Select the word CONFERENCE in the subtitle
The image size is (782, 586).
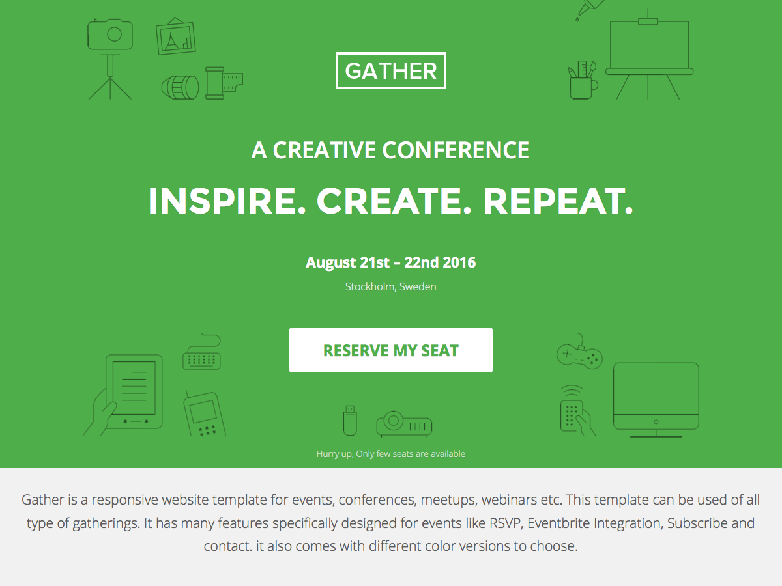click(456, 150)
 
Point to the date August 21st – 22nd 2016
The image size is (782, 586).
click(391, 262)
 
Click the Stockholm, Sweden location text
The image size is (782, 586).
click(391, 286)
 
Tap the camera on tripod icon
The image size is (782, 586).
click(110, 59)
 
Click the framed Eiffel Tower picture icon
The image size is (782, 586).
click(176, 36)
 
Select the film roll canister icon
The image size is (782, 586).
click(224, 83)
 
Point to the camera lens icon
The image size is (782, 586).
click(181, 87)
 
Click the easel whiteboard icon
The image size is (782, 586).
click(650, 54)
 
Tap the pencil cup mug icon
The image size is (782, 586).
click(583, 79)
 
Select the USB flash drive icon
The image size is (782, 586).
click(350, 420)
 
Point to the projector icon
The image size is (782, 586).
click(405, 423)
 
